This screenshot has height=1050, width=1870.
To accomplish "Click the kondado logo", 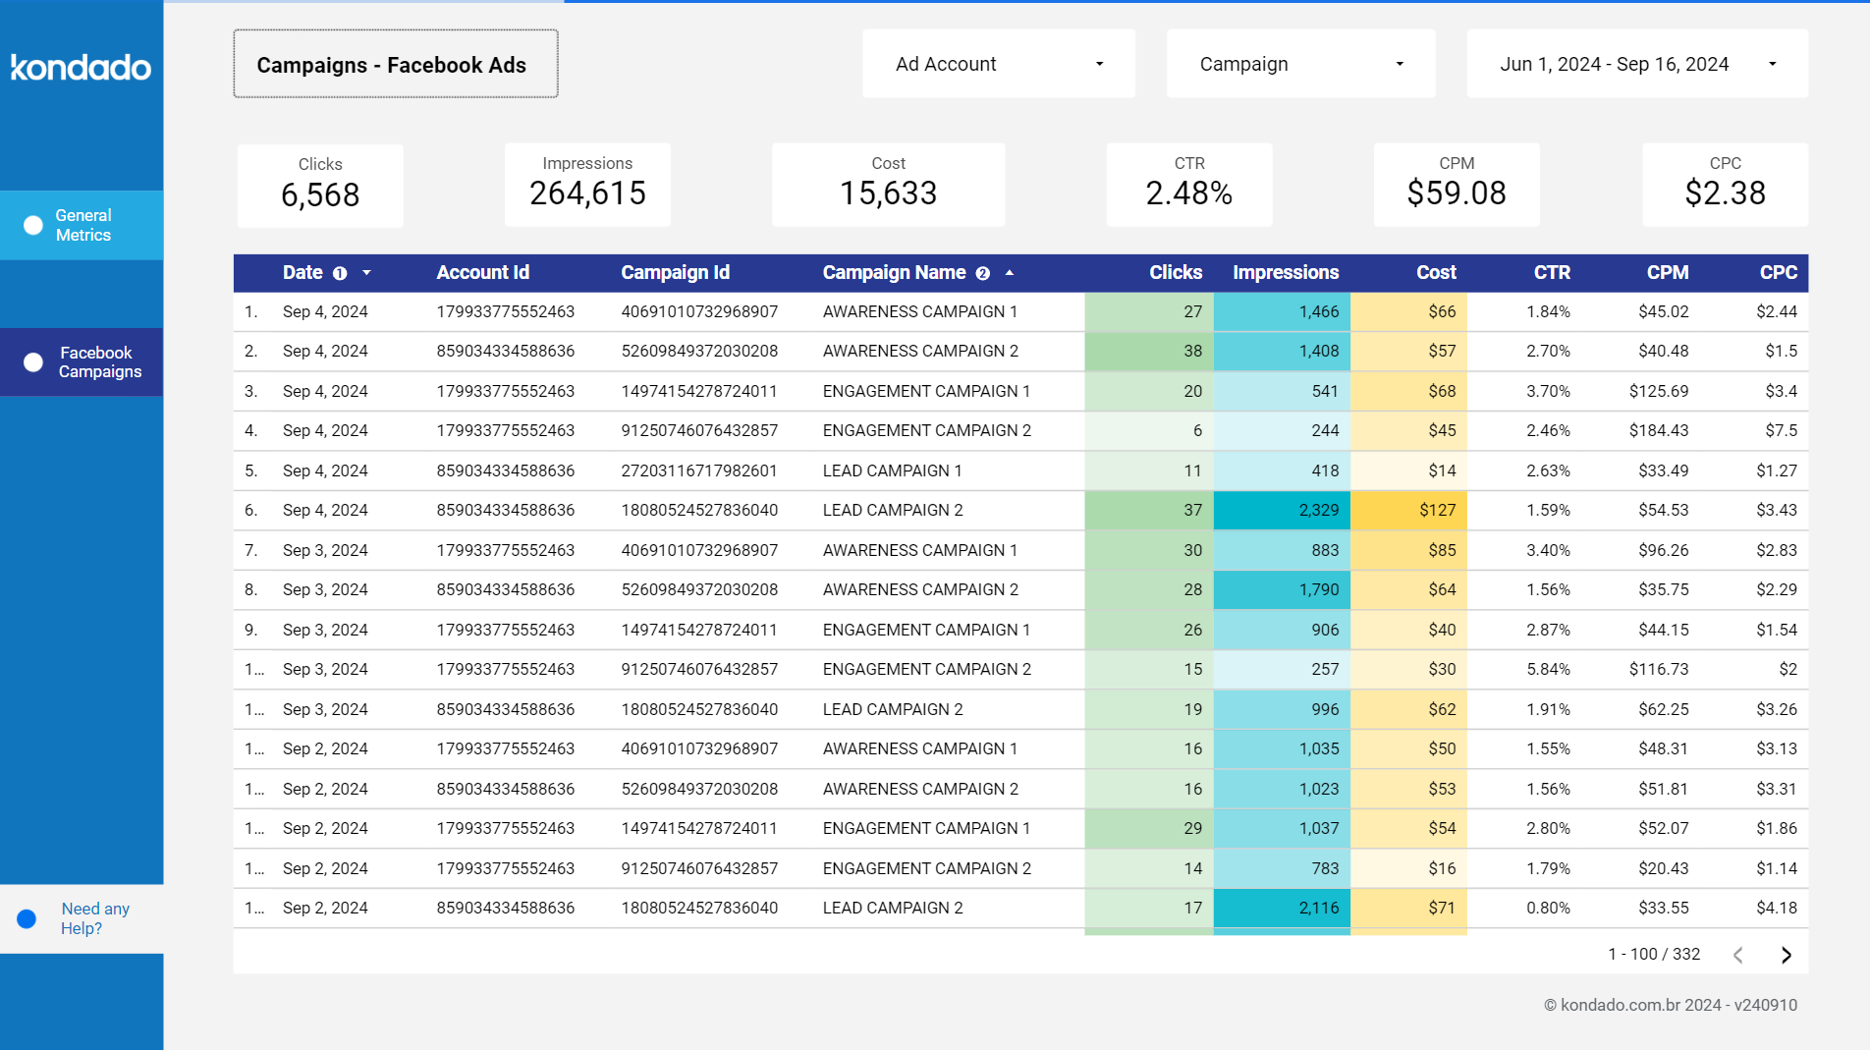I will point(81,67).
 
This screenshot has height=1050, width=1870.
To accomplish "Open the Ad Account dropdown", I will point(998,64).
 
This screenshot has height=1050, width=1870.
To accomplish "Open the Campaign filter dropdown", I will point(1300,64).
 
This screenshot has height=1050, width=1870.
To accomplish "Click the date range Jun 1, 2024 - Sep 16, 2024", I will point(1636,64).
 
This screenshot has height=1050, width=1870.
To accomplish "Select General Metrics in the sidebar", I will point(82,225).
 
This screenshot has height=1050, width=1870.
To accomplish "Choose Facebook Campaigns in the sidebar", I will point(98,361).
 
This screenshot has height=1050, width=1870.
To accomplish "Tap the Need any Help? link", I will point(94,918).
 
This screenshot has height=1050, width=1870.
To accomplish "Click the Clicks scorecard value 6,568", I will point(320,194).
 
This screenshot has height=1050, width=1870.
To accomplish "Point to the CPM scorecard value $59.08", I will point(1456,193).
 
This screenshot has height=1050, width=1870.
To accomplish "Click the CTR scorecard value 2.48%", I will point(1188,193).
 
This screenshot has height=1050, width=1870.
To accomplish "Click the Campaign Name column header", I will point(894,272).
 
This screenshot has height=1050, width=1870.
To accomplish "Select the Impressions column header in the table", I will point(1285,272).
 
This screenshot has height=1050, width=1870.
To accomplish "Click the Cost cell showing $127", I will point(1436,510).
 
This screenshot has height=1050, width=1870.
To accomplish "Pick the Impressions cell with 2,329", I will point(1317,510).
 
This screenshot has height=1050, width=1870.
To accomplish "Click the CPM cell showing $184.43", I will point(1658,430).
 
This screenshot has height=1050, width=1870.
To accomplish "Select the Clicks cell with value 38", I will point(1191,351).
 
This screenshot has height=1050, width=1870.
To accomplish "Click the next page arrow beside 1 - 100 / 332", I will point(1786,955).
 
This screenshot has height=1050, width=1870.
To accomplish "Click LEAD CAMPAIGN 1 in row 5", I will point(892,470).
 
